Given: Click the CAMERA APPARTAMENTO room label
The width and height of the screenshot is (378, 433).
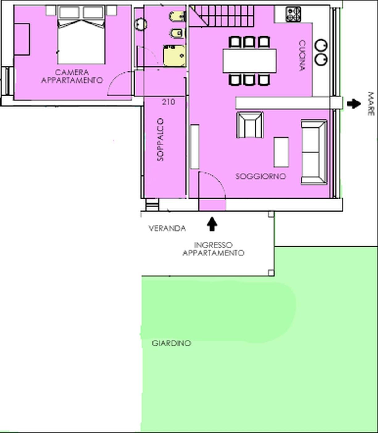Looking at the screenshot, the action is point(72,76).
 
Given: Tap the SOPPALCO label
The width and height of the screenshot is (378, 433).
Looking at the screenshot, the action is point(160,140).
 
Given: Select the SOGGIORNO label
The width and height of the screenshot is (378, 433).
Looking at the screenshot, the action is point(260,176).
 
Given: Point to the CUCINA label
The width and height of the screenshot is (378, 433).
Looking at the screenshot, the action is point(302,55).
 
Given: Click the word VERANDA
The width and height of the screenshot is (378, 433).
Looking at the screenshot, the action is point(167,228).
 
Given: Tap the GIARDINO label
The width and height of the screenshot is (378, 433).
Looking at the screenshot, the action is point(171,343).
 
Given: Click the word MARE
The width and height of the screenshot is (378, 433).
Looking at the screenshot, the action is point(371,104).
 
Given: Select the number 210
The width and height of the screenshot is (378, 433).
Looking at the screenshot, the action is point(168,102).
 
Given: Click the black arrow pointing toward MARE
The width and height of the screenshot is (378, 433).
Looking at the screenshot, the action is point(354,104).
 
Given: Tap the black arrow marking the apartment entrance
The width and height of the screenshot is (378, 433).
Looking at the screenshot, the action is point(212,224).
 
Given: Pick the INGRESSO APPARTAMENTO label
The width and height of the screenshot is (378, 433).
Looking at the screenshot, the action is point(213,249).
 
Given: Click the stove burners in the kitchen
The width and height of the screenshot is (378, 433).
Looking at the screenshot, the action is point(293,15).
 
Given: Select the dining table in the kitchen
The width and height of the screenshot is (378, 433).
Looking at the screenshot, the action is point(249,61).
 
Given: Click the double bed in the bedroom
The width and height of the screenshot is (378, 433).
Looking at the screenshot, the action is point(81,35).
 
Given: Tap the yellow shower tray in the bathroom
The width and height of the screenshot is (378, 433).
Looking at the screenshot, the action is point(174,56).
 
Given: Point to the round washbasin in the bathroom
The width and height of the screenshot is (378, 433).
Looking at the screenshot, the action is point(140,24).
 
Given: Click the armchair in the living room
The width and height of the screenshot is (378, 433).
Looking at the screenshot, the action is point(250,125).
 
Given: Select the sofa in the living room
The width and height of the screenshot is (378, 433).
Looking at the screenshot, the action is point(314,152).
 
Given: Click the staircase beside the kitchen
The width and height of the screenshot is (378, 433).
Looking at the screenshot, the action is point(221,16).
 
